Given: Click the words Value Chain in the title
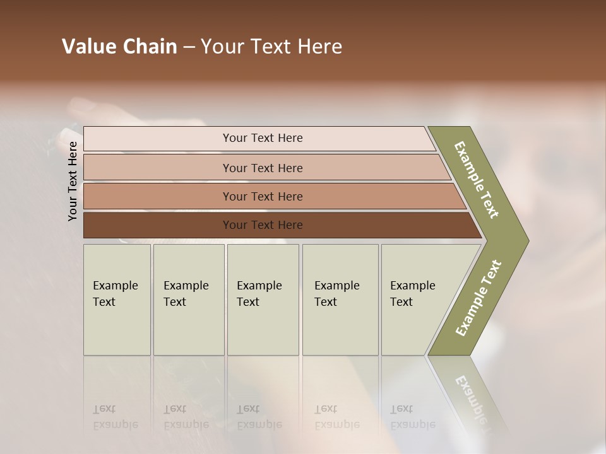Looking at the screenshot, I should point(119,47).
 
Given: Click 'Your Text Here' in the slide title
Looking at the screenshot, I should point(271,47).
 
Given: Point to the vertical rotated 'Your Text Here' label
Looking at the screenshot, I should point(73,181).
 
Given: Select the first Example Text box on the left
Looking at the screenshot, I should point(117,300).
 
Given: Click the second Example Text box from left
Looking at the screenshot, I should point(188,300).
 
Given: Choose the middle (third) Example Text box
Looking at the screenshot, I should point(263,300).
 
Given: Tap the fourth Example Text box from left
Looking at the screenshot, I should point(340,300).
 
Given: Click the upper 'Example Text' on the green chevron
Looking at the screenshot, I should point(477,180).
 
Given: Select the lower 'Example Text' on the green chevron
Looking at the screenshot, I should point(478,298).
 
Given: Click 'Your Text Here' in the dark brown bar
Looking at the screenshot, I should point(263,225).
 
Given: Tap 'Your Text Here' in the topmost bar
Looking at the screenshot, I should point(263,138).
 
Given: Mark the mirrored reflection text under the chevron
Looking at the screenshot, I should point(470,397).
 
